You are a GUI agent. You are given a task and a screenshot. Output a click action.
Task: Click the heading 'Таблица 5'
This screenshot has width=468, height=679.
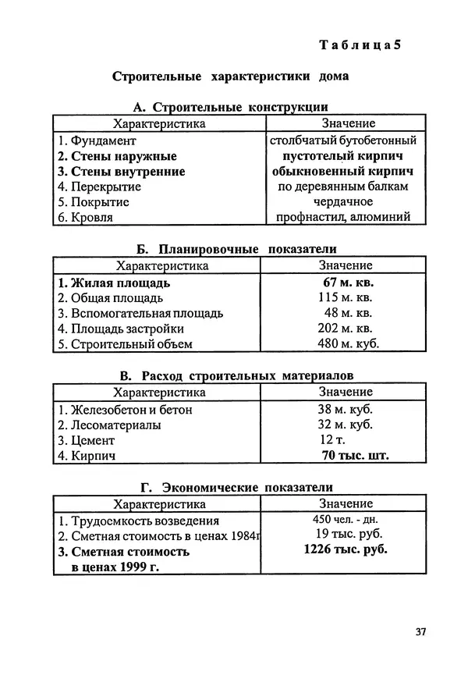pos(362,44)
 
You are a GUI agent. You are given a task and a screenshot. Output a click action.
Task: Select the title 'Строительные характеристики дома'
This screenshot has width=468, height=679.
pos(230,78)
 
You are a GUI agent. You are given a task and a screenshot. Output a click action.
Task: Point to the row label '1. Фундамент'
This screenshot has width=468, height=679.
pos(97,141)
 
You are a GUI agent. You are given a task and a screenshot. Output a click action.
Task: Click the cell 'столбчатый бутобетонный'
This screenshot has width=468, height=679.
pos(343,141)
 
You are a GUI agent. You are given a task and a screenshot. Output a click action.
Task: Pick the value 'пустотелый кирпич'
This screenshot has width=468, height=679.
pos(343,156)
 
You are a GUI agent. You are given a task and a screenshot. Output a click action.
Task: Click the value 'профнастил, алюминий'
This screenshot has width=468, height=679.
pos(343,217)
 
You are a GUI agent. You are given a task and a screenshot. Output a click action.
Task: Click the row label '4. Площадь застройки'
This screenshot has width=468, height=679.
pos(121,329)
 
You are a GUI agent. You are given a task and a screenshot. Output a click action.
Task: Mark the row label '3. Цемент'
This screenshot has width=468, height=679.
pos(87,440)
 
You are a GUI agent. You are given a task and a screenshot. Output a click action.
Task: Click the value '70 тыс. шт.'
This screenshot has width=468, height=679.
pos(355,456)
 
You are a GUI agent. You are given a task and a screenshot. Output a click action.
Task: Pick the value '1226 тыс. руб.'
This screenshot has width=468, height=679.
pos(346,549)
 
